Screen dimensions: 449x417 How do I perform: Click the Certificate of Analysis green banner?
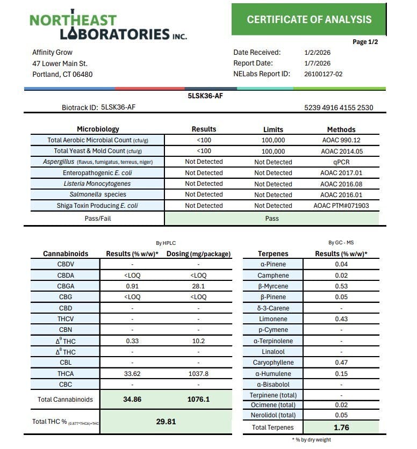click(x=309, y=19)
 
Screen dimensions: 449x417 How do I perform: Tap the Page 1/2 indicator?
click(x=365, y=42)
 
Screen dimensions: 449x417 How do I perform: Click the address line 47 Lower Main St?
click(x=60, y=63)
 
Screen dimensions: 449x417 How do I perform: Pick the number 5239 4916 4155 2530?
click(x=339, y=107)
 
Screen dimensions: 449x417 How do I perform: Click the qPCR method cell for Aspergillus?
click(x=341, y=162)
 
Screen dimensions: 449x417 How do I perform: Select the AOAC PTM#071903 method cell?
click(x=341, y=206)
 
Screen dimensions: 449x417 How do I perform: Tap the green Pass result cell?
click(x=272, y=219)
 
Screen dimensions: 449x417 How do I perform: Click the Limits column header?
click(x=273, y=129)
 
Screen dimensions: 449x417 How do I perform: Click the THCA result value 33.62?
click(x=132, y=373)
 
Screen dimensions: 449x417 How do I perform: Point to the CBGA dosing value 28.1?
click(x=198, y=286)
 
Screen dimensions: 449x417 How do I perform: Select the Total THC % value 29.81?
click(x=166, y=422)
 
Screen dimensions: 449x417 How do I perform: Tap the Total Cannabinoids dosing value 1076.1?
click(x=198, y=400)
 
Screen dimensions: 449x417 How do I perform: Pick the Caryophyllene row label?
click(x=273, y=363)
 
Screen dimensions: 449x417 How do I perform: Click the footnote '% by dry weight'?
click(x=312, y=440)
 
